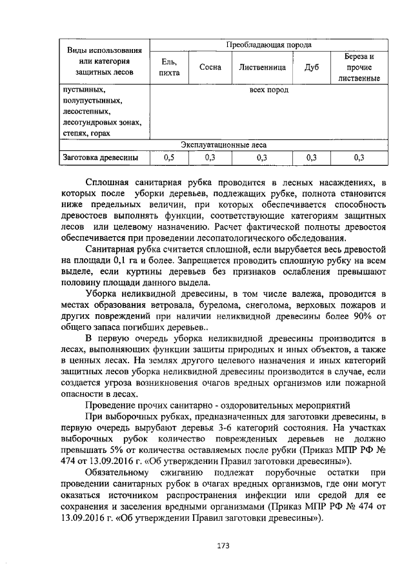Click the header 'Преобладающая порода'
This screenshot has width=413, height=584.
[268, 45]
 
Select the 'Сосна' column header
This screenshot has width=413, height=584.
[210, 66]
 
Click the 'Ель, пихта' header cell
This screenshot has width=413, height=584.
[169, 66]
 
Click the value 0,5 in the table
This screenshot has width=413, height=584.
[169, 157]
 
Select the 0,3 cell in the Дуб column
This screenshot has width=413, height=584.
[311, 157]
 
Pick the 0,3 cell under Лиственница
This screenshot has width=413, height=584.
[261, 157]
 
